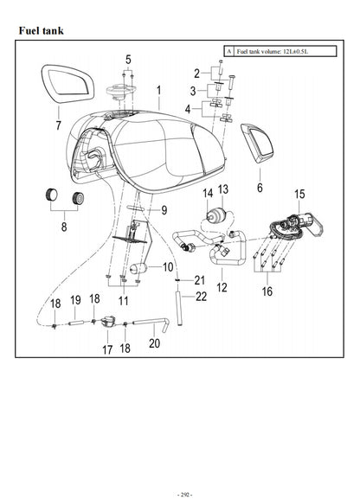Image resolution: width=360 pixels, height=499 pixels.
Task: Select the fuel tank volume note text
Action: (271, 52)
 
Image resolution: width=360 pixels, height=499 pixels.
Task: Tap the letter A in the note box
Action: (228, 52)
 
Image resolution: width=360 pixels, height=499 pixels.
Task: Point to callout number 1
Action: (159, 90)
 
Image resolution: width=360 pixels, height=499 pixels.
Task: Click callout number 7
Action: (58, 126)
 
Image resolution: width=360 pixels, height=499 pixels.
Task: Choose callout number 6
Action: (259, 186)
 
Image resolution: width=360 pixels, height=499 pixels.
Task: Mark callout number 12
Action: (221, 286)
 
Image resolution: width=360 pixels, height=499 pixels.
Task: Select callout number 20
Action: (155, 343)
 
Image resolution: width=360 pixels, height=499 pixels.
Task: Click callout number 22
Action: (201, 297)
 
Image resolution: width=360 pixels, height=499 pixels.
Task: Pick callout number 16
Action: (267, 291)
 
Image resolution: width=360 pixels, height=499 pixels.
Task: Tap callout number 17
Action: (107, 350)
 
